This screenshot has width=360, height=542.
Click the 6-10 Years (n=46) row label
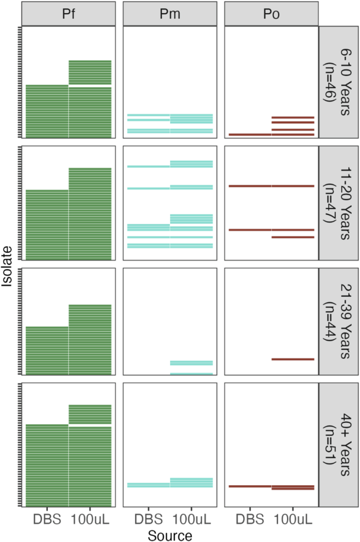tap(339, 83)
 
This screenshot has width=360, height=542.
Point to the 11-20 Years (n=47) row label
tap(339, 202)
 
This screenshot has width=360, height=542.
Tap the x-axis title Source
tap(170, 535)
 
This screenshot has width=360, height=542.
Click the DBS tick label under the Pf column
tap(47, 519)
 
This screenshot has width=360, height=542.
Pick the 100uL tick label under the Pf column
tap(90, 519)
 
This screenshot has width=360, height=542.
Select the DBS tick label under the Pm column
tap(149, 519)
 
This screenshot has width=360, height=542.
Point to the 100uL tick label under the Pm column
tap(191, 519)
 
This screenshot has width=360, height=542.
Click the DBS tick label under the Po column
tap(250, 519)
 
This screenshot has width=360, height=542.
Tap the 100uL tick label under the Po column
tap(293, 519)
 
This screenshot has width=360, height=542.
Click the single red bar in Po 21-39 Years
tap(293, 359)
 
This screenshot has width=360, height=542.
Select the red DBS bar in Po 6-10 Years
tap(250, 134)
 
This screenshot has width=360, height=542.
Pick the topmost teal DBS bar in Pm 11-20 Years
tap(149, 166)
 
